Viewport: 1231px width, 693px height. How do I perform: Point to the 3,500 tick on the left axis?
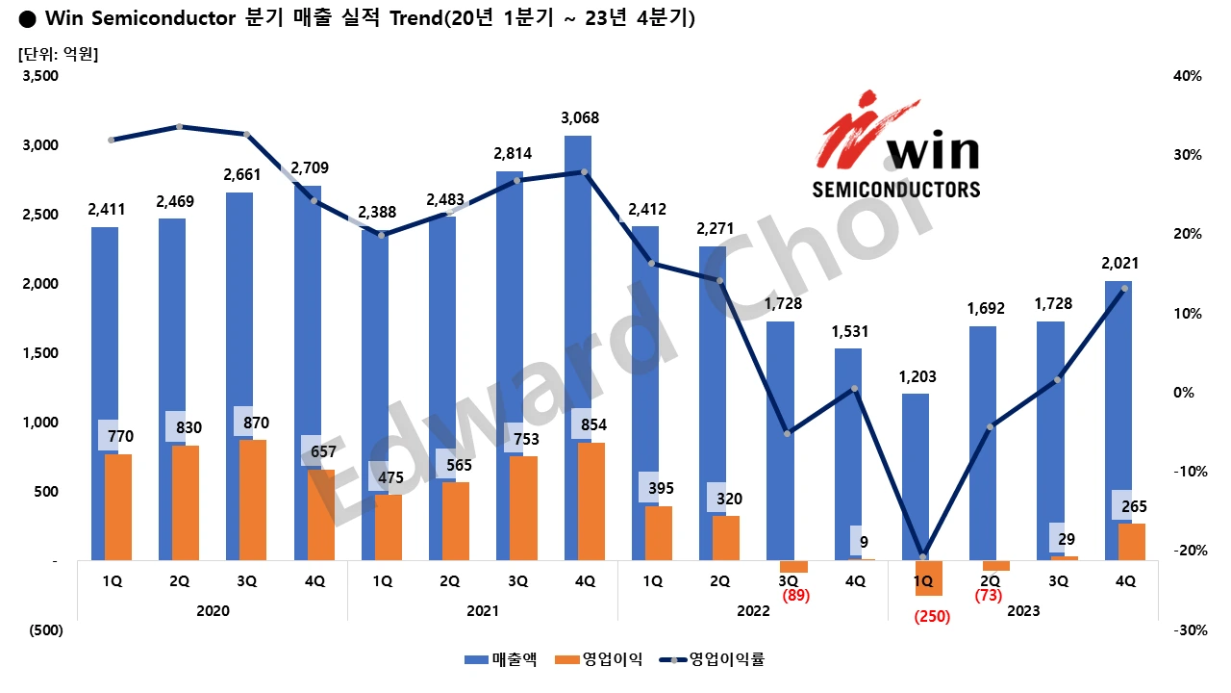click(41, 76)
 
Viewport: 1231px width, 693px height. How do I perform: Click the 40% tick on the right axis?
click(1187, 76)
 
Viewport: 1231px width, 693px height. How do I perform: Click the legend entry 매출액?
click(500, 659)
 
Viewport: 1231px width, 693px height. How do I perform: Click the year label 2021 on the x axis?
click(482, 610)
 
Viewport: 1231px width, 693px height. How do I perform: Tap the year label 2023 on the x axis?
click(1022, 610)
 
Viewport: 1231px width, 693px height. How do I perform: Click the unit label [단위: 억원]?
click(59, 54)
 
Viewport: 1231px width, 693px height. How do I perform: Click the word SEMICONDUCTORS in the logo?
click(896, 189)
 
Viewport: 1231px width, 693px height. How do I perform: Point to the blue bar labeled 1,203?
click(916, 476)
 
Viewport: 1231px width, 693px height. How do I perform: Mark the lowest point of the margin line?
click(922, 557)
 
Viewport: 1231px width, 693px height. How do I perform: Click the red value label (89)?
click(795, 596)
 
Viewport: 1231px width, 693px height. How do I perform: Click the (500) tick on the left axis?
click(46, 630)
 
